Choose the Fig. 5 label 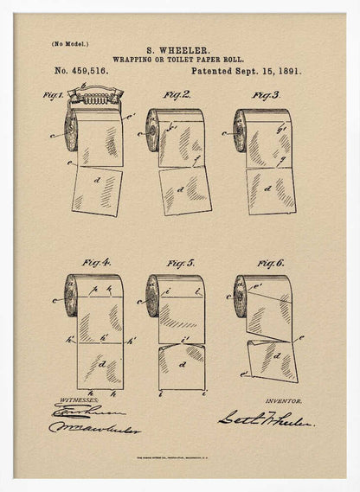(180, 261)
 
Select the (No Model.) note (70, 42)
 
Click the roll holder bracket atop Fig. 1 (95, 94)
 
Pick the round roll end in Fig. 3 (239, 131)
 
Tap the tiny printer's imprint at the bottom (179, 458)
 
